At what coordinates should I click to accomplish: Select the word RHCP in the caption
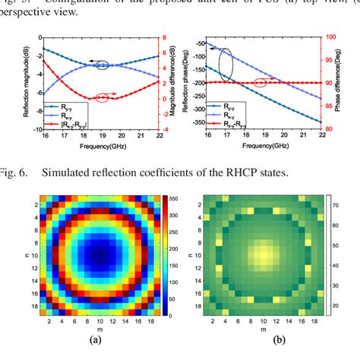244,174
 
